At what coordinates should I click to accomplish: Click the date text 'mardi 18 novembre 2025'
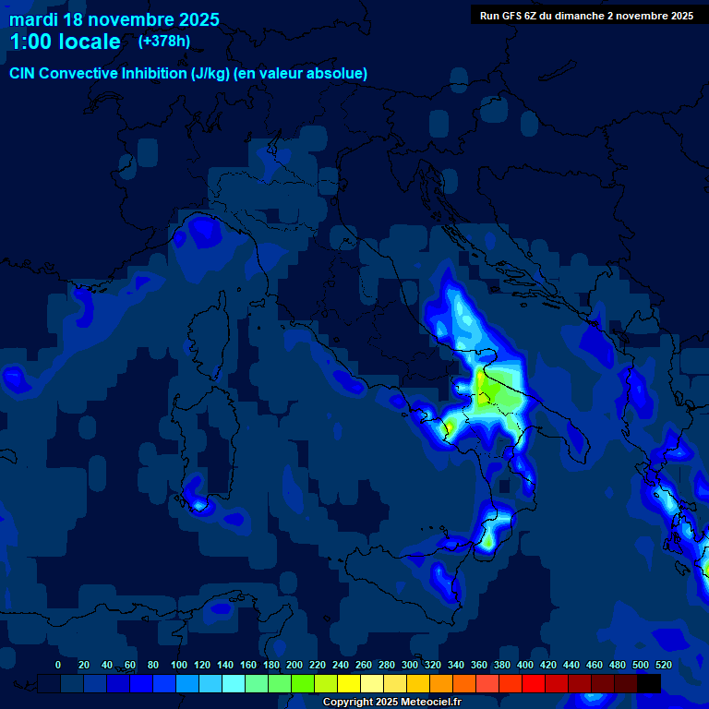[114, 19]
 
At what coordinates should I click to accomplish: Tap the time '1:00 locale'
[65, 42]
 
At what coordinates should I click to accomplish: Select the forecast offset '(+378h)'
[165, 42]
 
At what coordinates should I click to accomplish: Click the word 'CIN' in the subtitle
[22, 73]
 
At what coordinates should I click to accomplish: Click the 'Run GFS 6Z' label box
[586, 15]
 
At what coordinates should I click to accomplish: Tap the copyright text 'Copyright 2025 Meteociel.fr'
[391, 702]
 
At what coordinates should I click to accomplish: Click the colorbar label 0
[58, 665]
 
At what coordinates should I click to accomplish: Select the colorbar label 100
[178, 665]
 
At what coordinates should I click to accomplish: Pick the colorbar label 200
[294, 665]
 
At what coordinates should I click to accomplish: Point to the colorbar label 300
[409, 665]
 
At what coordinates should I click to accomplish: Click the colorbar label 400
[524, 665]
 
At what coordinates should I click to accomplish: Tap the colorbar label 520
[663, 665]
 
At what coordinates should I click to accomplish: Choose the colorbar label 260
[363, 665]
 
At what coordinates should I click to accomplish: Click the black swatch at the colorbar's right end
[649, 683]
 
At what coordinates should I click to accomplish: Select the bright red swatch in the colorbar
[534, 683]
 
